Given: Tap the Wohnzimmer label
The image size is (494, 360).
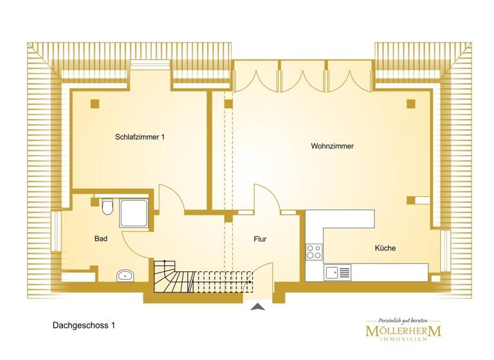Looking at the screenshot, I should (x=332, y=147).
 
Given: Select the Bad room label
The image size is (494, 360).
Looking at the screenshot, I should (x=101, y=239).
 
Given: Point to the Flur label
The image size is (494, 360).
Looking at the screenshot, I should (x=260, y=239).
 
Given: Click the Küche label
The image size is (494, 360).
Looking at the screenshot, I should (x=385, y=248).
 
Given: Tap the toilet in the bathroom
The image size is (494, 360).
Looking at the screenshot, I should (x=107, y=207).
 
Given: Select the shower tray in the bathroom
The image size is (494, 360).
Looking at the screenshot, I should (x=134, y=213).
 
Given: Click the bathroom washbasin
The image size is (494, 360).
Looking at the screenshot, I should (x=125, y=276).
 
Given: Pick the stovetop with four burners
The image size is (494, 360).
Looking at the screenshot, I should (x=314, y=251).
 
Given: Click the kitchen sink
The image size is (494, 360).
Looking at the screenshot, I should (x=337, y=273).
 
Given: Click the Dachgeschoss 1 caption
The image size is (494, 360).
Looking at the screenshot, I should (x=84, y=326).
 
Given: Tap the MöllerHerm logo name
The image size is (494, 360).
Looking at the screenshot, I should (x=403, y=332).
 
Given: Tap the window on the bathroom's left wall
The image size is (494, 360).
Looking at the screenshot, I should (x=56, y=230).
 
